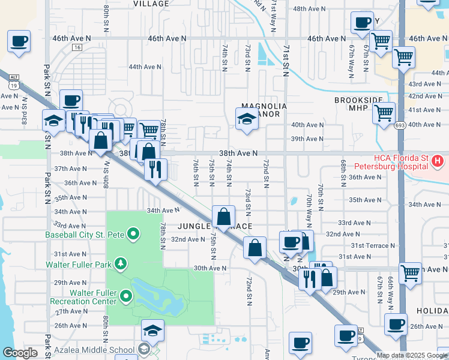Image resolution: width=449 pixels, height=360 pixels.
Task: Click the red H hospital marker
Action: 438,161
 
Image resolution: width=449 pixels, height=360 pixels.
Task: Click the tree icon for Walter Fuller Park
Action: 121,263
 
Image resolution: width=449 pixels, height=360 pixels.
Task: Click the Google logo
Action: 20,353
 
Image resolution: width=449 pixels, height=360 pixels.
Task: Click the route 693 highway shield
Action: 400,125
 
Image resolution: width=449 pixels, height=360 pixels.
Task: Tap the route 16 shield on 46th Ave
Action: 77,46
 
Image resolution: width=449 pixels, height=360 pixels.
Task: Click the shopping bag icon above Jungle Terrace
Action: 224,216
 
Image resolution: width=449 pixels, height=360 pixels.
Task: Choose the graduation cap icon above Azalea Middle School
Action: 152,330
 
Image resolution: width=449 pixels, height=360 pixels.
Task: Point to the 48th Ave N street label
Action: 309,9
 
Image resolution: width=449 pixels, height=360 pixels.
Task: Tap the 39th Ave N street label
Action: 307,139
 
